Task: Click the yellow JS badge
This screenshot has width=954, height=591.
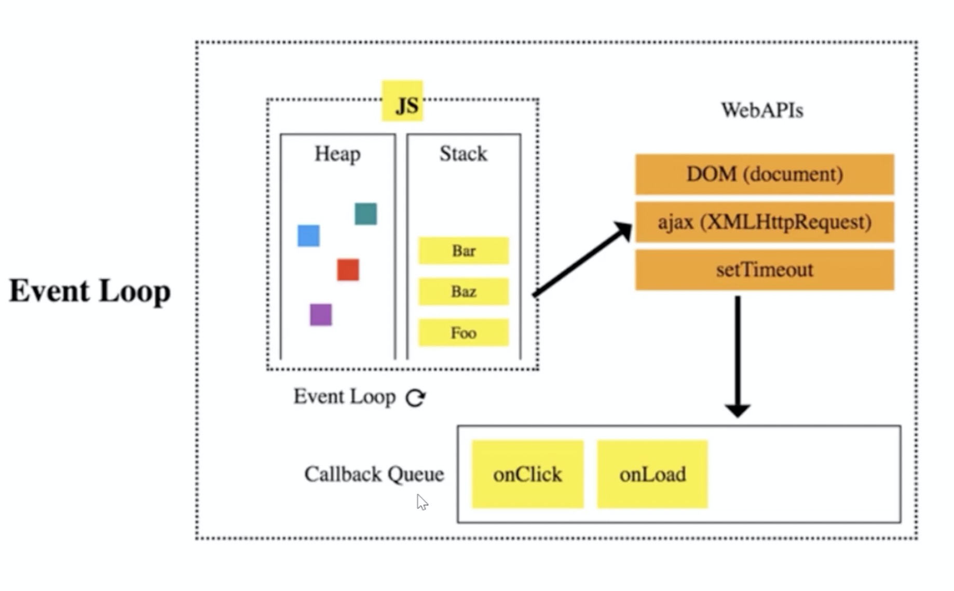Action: [402, 101]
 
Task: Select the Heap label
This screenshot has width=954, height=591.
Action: [337, 154]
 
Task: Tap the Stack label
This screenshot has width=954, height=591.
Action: [464, 154]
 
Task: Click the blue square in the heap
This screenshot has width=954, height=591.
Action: [308, 235]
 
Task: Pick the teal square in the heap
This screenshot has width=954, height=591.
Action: [365, 213]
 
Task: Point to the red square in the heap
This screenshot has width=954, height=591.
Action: [348, 270]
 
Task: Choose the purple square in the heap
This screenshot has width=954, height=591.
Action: [321, 315]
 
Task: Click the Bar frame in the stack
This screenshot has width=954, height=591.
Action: [464, 251]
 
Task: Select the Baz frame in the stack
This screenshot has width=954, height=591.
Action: [464, 291]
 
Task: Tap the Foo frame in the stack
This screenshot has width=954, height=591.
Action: [464, 332]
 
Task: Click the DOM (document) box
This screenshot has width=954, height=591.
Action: [765, 174]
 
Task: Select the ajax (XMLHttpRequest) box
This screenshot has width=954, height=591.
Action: [765, 222]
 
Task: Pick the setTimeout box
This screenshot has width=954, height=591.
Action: [765, 270]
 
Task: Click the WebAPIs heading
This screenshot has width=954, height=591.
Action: [762, 110]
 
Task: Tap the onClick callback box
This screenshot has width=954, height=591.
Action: [527, 474]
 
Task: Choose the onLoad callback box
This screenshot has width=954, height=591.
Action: [652, 474]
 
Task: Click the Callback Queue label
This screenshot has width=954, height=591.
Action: [374, 474]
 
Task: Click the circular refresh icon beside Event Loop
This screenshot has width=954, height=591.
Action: [416, 398]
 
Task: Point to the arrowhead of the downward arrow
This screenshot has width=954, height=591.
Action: [738, 410]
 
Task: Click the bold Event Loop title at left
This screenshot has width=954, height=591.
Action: [90, 290]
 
